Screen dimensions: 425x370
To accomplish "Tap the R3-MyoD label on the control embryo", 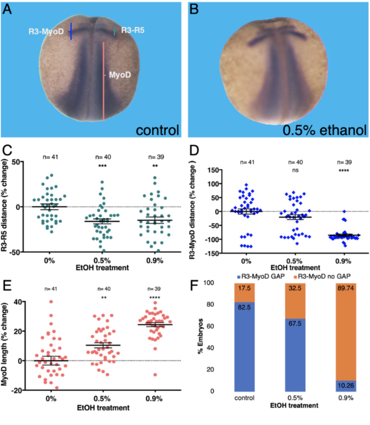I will [x=46, y=32].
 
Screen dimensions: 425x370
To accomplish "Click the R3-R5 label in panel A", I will [x=133, y=30].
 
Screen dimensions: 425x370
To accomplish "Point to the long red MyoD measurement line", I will [x=103, y=80].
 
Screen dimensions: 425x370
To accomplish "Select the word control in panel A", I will [x=157, y=130].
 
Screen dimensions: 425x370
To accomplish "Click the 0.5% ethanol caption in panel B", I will [x=324, y=130].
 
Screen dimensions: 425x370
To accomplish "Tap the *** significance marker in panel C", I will [x=102, y=166].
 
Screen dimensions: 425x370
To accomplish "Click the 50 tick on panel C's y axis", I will [x=16, y=162].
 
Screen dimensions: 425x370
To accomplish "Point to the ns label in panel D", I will [x=295, y=170].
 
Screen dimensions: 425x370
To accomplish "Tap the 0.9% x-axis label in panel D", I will [x=343, y=261].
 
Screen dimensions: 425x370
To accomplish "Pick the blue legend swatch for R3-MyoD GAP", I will [x=239, y=277].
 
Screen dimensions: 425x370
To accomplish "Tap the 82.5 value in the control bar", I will [x=244, y=307].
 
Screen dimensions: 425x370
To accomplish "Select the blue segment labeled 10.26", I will [x=346, y=385].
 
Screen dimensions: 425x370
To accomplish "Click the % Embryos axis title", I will [x=200, y=336].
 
